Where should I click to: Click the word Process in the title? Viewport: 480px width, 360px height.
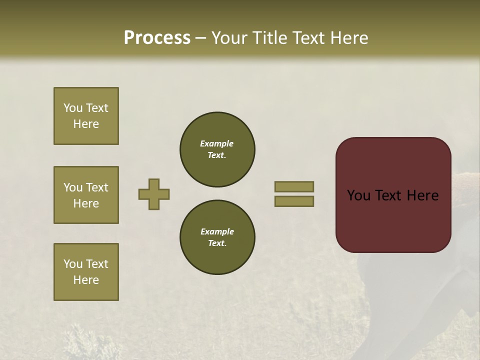(x=157, y=38)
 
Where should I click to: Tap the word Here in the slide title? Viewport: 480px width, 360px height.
(x=349, y=38)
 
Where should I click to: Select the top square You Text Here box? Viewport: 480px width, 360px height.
(x=86, y=116)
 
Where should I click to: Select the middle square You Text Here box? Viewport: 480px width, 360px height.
(x=86, y=195)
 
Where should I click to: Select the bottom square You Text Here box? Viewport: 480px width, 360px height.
(x=86, y=272)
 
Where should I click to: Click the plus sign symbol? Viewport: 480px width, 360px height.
(x=154, y=194)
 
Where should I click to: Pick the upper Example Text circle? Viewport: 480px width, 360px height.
(x=217, y=149)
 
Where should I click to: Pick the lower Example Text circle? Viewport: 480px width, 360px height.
(x=217, y=237)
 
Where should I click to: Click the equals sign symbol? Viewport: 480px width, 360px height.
(x=294, y=194)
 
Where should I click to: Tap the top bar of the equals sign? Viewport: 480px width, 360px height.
(x=294, y=186)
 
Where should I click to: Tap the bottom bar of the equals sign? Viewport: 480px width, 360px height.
(x=294, y=201)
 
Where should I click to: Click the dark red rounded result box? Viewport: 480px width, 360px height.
(x=393, y=195)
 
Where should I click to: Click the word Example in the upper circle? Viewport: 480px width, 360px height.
(x=217, y=144)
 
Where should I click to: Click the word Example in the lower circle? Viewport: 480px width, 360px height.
(x=217, y=232)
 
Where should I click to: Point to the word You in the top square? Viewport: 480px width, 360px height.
(x=73, y=108)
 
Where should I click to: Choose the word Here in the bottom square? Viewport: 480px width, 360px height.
(x=86, y=280)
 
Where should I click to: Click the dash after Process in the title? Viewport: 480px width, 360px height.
(x=201, y=38)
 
